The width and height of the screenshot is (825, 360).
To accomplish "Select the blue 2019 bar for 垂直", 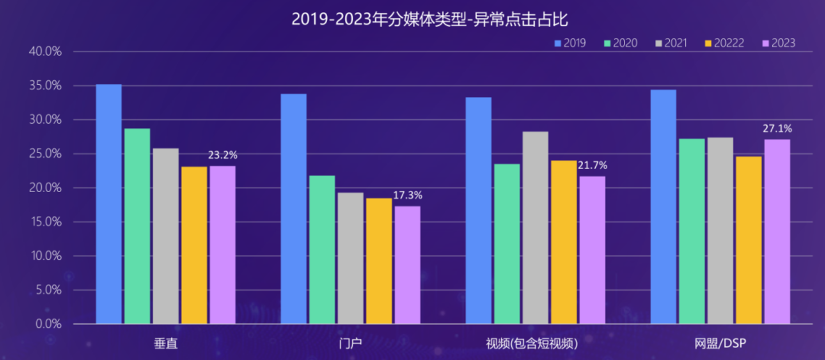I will point(109,204).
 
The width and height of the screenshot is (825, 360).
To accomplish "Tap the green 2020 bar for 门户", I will point(322,249).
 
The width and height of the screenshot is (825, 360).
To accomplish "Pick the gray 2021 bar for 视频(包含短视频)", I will point(535,228).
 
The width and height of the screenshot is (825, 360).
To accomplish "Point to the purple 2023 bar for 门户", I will point(407,265).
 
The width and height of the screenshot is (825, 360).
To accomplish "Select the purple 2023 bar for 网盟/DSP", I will point(777,232).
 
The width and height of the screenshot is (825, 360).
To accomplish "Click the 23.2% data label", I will point(223,155).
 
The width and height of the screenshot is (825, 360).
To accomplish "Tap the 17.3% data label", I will point(407,195).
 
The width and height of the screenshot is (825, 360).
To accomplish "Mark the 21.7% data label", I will point(592,165).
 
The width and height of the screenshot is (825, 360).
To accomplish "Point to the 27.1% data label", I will point(777,128).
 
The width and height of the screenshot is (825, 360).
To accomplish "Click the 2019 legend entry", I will point(569,43).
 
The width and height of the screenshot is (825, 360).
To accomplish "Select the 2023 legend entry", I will point(777,43).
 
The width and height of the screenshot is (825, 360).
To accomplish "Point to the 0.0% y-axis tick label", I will point(48,324).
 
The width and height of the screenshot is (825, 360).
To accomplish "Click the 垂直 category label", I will point(166,343).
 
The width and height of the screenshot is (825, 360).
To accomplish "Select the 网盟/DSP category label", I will point(721,343).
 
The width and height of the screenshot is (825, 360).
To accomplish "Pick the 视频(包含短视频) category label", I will point(532,343).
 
